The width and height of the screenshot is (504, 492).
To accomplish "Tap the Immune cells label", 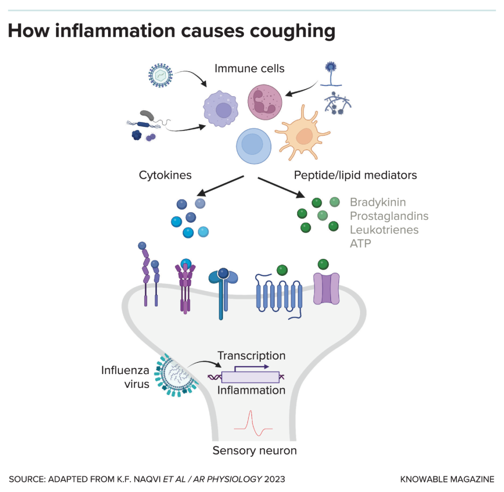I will tap(249, 68).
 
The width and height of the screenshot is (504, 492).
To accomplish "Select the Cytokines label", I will tap(165, 175).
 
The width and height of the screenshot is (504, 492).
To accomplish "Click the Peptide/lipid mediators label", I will tap(355, 175).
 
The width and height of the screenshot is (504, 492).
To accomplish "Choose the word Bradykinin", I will tap(378, 202).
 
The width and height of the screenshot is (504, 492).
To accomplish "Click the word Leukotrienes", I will tap(384, 229).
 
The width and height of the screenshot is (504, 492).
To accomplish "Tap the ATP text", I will tap(361, 244).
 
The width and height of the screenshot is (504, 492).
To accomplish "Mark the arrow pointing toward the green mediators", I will tap(281, 187).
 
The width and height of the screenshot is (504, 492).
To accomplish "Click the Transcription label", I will tap(251, 356).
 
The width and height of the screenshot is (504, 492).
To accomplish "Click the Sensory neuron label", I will tap(254, 451).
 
